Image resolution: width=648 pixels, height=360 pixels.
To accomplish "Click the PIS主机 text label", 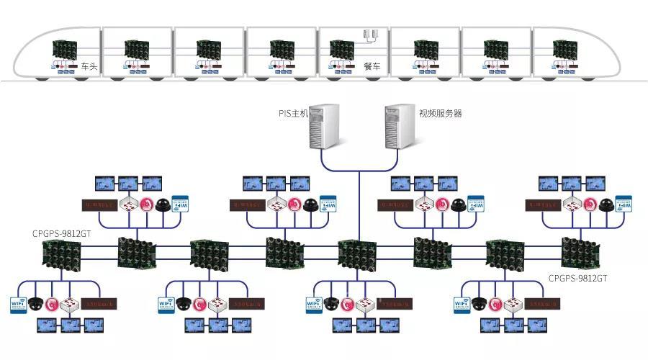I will pyautogui.click(x=293, y=113).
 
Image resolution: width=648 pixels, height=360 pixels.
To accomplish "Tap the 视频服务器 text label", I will pyautogui.click(x=441, y=113).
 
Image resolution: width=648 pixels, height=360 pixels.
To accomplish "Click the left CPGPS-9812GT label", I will pyautogui.click(x=61, y=233).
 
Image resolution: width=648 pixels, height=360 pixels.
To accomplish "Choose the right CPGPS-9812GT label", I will pyautogui.click(x=578, y=277).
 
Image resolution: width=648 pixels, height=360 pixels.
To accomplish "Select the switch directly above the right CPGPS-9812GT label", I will pyautogui.click(x=580, y=253).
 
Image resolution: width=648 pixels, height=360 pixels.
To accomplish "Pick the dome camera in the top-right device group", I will pyautogui.click(x=607, y=204).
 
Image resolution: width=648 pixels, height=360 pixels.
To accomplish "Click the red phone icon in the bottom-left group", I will pyautogui.click(x=53, y=304).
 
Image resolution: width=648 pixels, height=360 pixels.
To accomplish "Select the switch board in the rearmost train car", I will pyautogui.click(x=564, y=49).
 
